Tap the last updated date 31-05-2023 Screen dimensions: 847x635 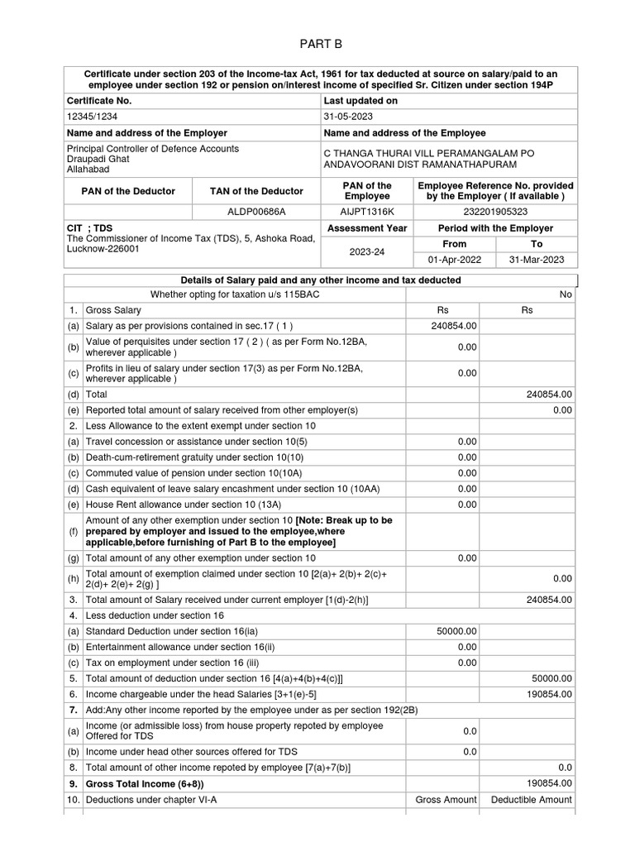tap(351, 117)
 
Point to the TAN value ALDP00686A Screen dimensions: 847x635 tap(257, 211)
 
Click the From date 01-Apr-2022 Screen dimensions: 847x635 tap(454, 260)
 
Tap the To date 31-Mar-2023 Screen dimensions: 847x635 tap(537, 260)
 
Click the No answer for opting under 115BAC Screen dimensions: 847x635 tap(566, 294)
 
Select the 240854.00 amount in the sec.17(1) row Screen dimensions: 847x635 tap(454, 326)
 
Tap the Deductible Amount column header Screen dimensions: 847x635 tap(531, 799)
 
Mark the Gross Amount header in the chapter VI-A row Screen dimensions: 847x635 tap(446, 799)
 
